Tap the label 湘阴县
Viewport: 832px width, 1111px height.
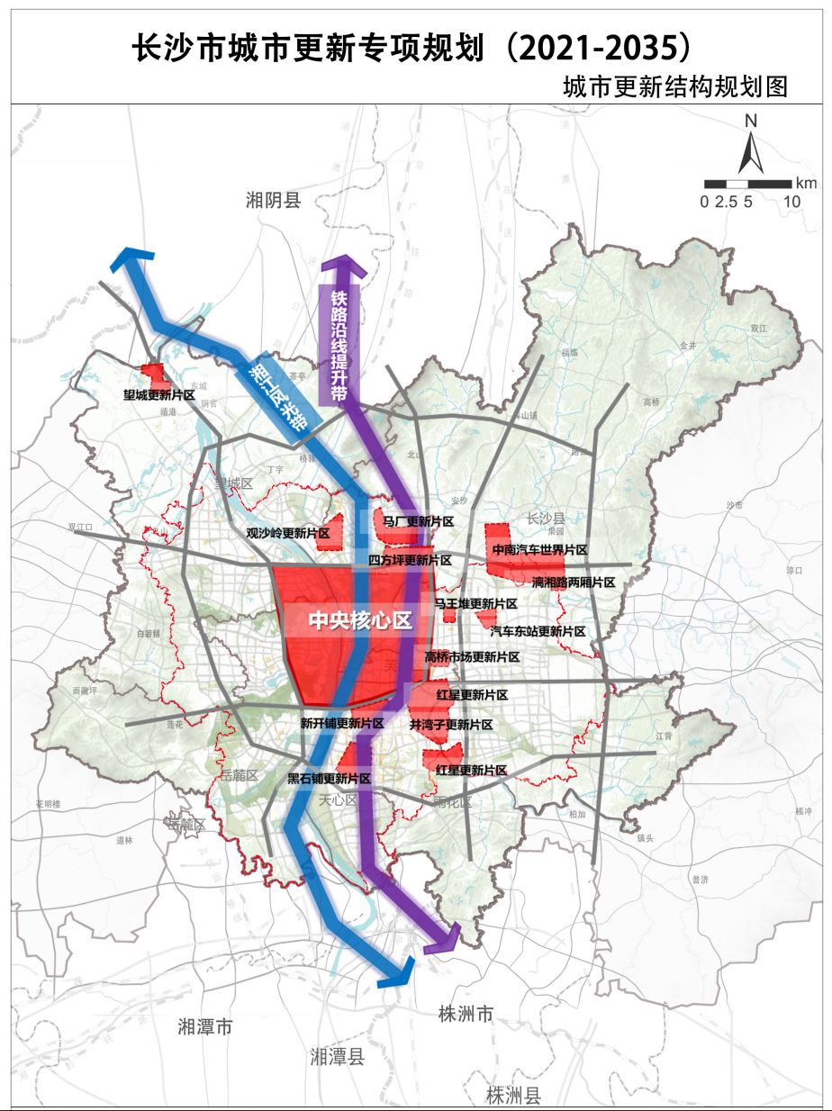click(x=273, y=200)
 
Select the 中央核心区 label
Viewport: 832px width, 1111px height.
click(x=359, y=620)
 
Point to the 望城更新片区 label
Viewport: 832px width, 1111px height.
click(x=159, y=394)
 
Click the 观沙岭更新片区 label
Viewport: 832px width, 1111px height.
click(x=288, y=533)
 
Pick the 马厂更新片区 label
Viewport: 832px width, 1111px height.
click(x=417, y=521)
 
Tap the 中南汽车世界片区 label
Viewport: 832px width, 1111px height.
click(x=539, y=549)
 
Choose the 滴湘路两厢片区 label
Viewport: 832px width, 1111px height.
click(x=574, y=583)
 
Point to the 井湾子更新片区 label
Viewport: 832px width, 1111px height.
click(x=451, y=725)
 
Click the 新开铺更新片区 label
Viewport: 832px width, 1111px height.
click(x=341, y=723)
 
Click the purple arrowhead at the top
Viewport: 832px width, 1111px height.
click(x=339, y=266)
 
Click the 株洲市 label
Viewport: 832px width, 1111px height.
click(x=463, y=1015)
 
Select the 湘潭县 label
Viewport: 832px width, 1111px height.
click(x=337, y=1057)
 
